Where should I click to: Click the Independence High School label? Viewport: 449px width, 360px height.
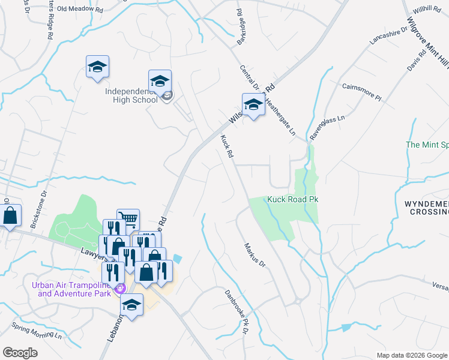pos(131,95)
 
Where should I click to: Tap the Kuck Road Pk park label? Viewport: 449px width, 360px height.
pos(292,199)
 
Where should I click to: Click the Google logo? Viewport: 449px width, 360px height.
pos(20,352)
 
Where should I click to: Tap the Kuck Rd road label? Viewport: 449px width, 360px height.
pos(227,146)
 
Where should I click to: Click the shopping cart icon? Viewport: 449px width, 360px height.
pos(128,219)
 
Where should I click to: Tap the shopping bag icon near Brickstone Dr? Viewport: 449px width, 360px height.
pos(11,216)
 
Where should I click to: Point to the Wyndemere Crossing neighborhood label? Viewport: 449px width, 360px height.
pos(426,209)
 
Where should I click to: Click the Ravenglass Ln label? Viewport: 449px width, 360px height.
pos(327,127)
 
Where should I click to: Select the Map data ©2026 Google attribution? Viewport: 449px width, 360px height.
pos(411,355)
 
